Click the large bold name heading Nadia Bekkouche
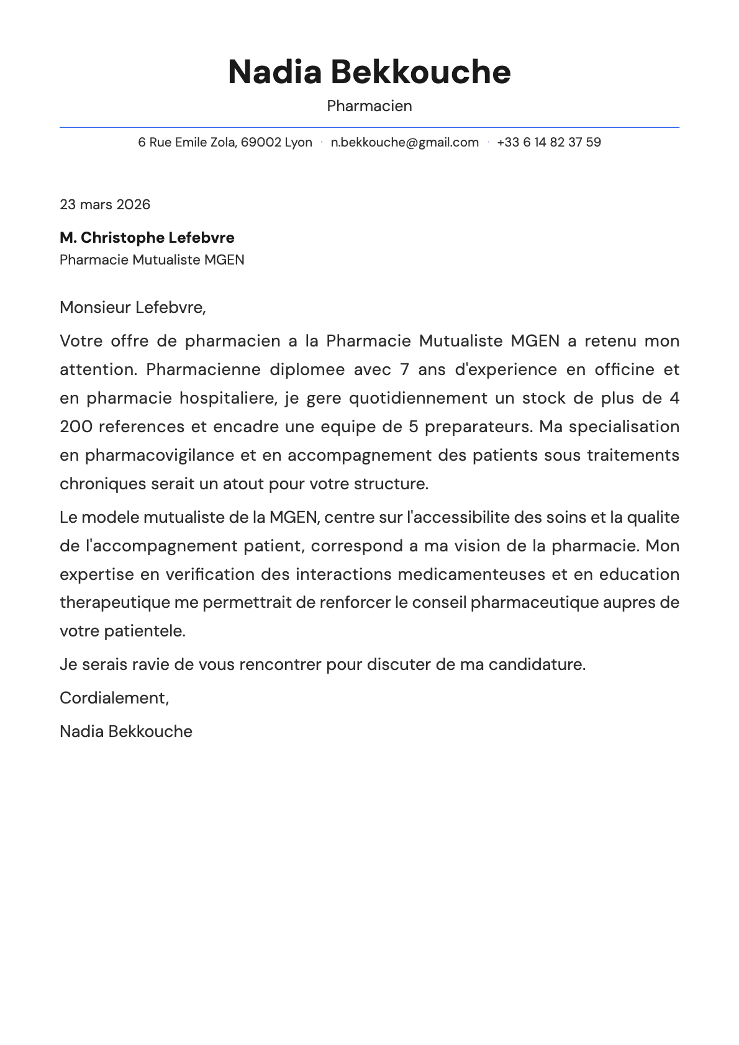click(369, 72)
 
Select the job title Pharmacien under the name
click(369, 106)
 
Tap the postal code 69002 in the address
click(261, 142)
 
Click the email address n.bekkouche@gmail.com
click(404, 142)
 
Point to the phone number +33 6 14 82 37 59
click(549, 142)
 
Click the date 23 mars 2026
click(105, 205)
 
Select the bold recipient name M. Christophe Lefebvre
click(147, 238)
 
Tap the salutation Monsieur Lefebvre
click(132, 307)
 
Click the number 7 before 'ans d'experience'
click(405, 369)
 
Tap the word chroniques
click(103, 484)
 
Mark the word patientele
click(144, 631)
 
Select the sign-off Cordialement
click(113, 699)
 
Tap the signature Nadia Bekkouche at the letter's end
click(126, 731)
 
